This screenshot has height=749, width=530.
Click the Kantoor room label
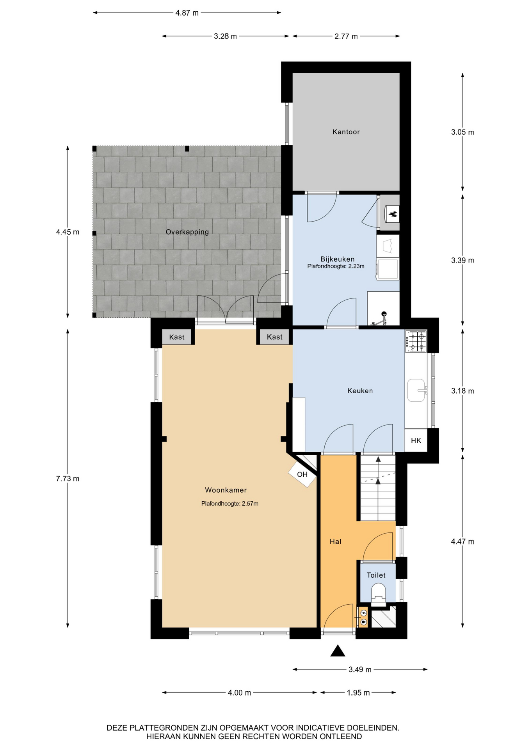(346, 132)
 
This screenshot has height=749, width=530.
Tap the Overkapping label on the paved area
(187, 232)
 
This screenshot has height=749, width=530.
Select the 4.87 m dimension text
(187, 13)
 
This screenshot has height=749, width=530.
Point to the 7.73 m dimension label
(68, 479)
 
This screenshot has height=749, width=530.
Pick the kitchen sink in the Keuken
(416, 390)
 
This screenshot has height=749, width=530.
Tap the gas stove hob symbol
(416, 341)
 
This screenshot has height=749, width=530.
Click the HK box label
(416, 440)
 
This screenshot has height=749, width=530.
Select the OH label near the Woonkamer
(302, 474)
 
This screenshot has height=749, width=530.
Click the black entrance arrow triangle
(338, 651)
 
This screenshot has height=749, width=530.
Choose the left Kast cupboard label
(177, 337)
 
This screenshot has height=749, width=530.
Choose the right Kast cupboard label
(274, 337)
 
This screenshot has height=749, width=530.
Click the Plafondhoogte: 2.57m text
(229, 504)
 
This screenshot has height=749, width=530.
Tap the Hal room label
(335, 541)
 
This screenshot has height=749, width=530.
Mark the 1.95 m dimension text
(358, 693)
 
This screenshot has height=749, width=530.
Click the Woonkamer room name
(226, 490)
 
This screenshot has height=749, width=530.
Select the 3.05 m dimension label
(462, 132)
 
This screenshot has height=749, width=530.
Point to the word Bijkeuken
(337, 259)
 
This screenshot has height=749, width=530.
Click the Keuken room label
(360, 390)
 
